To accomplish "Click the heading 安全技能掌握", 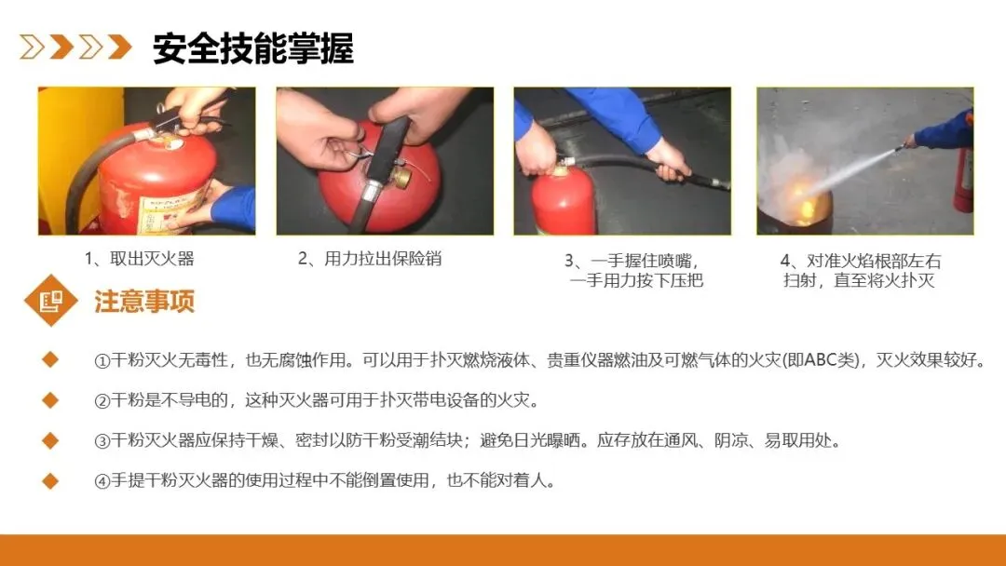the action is (x=252, y=48).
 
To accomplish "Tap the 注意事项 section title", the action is (x=144, y=302).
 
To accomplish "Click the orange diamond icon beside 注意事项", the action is (x=50, y=301).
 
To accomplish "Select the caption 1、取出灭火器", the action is (x=139, y=258).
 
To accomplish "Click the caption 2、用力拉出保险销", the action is (x=370, y=258).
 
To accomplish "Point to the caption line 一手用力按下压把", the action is (x=636, y=280).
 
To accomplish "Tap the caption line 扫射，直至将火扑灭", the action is (x=859, y=280).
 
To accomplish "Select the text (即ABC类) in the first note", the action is (x=823, y=359).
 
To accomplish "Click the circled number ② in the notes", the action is (x=102, y=401).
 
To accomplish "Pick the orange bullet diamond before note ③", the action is (x=50, y=440).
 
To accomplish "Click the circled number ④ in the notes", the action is (x=102, y=481).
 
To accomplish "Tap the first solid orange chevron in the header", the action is (x=61, y=47).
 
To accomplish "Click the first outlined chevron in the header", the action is (x=32, y=47).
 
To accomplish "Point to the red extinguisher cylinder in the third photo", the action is (x=564, y=203).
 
